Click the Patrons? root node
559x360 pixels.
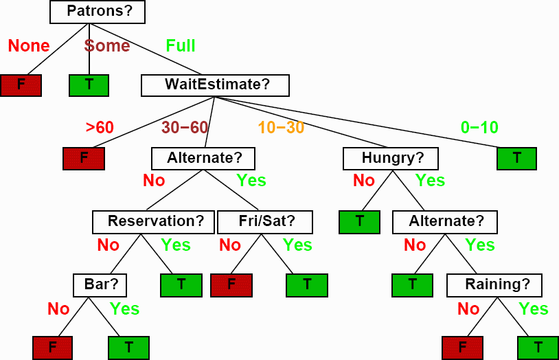pos(98,12)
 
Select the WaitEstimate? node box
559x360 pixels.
pos(215,85)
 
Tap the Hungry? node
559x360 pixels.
pos(390,159)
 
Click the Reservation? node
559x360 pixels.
pos(153,222)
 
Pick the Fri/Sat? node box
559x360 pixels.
pos(265,222)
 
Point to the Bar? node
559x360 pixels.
pos(100,285)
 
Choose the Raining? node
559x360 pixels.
pos(494,285)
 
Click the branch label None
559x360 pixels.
pos(29,45)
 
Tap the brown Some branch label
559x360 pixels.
pos(107,45)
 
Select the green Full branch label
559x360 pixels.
pos(181,45)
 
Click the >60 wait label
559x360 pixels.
pos(100,127)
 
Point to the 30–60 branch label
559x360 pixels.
pos(185,127)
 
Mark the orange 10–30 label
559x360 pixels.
pos(281,127)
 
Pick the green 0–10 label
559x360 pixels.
pos(479,127)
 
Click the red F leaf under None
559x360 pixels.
pos(21,85)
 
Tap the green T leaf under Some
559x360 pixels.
pos(89,85)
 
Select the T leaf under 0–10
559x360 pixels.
pos(516,159)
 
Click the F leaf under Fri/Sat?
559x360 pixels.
pos(231,285)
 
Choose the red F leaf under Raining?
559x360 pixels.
pos(462,348)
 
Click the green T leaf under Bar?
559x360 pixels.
pos(128,348)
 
